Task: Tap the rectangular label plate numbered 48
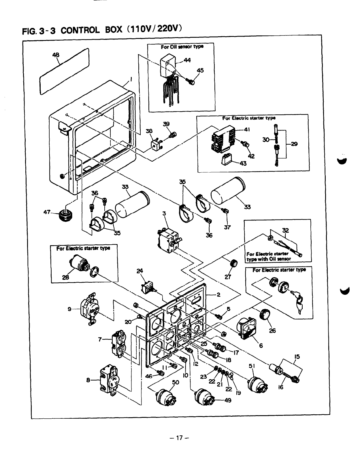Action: (64, 72)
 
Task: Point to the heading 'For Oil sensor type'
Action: (182, 47)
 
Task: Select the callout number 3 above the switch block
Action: (164, 214)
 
